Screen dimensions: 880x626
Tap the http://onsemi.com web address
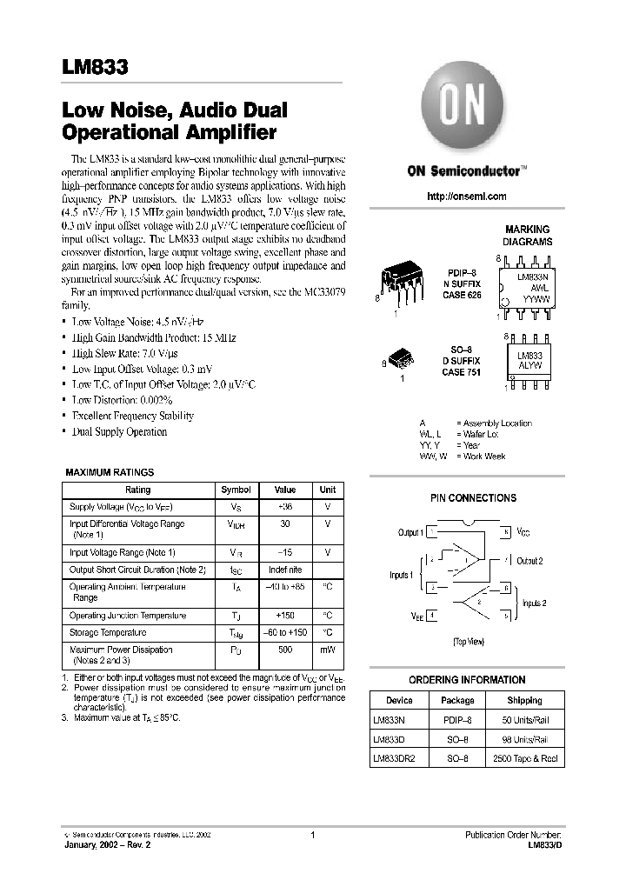click(x=467, y=197)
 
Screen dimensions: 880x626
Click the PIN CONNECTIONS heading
click(x=473, y=498)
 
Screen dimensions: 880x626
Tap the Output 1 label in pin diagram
click(x=410, y=532)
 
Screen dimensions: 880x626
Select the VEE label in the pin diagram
click(x=417, y=616)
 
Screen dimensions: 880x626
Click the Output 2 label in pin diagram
click(x=529, y=562)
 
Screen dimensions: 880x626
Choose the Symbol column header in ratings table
click(x=236, y=490)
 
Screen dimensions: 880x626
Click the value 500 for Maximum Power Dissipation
click(x=285, y=650)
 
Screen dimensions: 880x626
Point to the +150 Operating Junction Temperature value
click(x=285, y=616)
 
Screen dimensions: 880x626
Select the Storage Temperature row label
click(x=108, y=633)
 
